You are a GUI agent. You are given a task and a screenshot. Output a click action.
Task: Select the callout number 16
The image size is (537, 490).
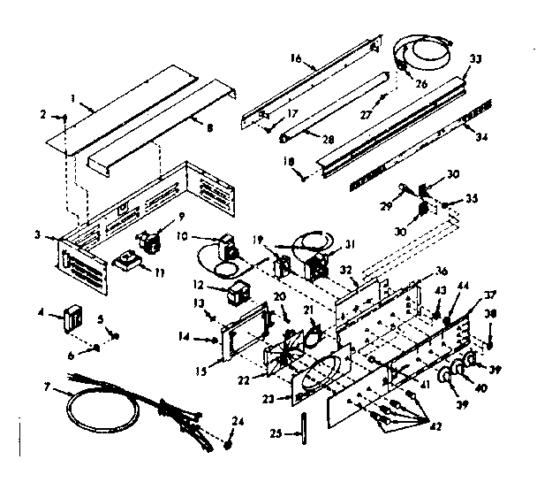pos(296,59)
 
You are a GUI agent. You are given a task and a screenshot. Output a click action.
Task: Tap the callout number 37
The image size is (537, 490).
pos(489,295)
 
